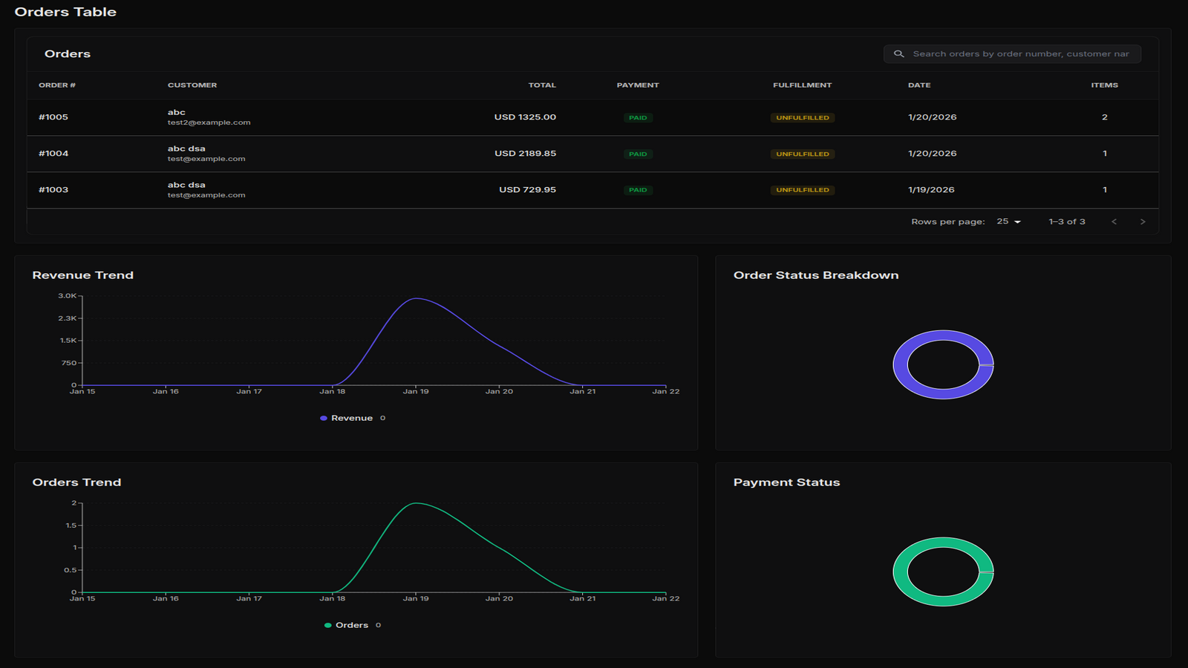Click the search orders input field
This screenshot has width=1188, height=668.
1020,54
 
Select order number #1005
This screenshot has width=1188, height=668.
53,117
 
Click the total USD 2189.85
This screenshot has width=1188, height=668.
525,154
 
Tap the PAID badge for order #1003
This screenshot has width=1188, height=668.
638,190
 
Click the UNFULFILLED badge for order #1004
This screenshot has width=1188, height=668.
802,154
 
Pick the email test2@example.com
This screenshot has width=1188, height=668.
209,122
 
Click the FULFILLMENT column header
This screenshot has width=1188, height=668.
802,85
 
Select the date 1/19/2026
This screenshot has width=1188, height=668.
931,190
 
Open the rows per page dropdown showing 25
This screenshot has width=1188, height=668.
1008,222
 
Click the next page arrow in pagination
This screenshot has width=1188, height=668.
1142,222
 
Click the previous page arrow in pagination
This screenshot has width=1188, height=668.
1114,222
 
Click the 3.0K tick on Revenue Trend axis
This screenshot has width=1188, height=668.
67,296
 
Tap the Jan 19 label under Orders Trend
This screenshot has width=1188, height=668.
416,599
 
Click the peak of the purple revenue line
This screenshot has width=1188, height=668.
417,298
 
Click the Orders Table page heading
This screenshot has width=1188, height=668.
65,12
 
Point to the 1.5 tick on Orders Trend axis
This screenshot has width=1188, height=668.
71,525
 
